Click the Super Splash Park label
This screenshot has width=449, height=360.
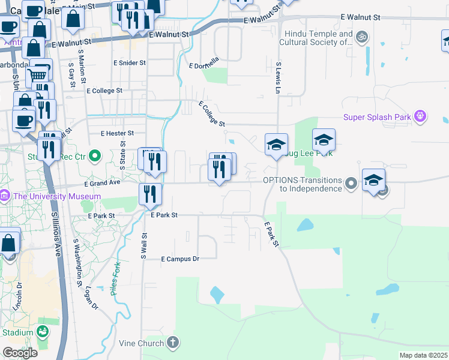tap(377, 117)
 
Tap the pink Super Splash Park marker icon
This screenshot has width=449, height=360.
tap(420, 116)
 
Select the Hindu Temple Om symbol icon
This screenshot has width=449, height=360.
tap(361, 37)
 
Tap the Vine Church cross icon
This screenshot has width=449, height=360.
tap(173, 343)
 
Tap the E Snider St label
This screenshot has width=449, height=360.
tap(129, 62)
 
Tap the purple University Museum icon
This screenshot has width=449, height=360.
tap(5, 196)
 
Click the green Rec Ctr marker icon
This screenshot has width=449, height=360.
tap(94, 157)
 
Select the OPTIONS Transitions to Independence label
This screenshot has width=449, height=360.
tap(302, 184)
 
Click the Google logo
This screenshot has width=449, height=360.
tap(20, 352)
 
